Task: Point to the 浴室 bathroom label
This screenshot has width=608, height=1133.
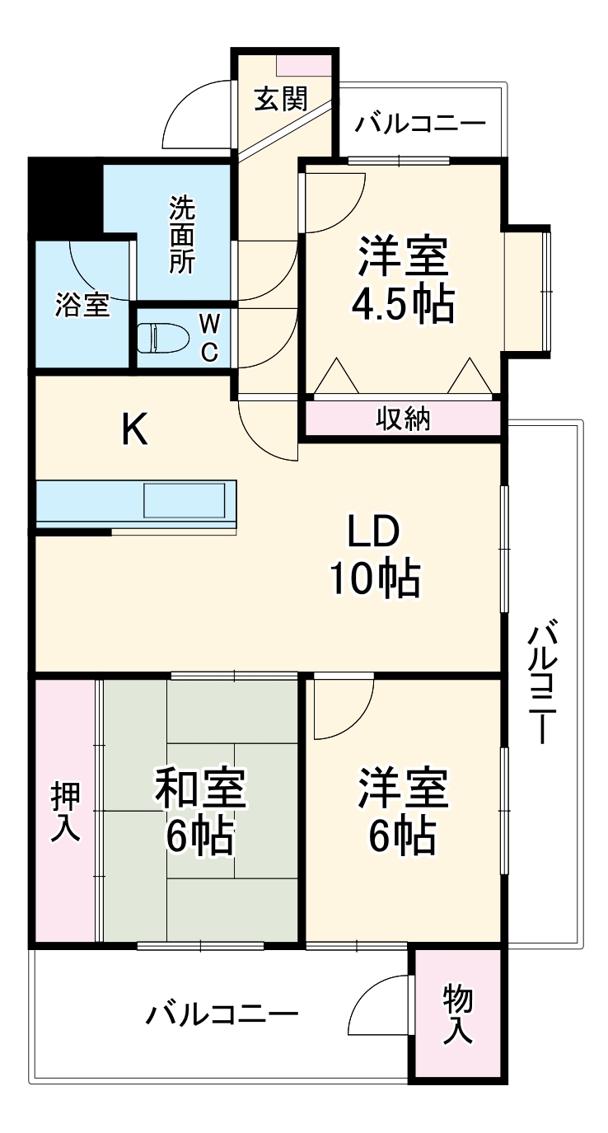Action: (x=82, y=305)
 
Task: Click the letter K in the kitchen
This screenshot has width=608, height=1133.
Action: (x=135, y=429)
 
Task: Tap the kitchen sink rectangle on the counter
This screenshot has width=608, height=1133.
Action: (x=185, y=501)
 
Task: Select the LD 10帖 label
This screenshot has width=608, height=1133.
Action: (x=374, y=556)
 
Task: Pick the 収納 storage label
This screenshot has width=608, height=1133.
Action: (x=404, y=419)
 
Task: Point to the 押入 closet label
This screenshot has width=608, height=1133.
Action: (x=66, y=812)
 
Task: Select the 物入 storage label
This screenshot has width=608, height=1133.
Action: (x=458, y=1014)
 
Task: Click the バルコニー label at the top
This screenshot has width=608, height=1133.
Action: (x=420, y=124)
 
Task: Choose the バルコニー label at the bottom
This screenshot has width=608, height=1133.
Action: (x=222, y=1013)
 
